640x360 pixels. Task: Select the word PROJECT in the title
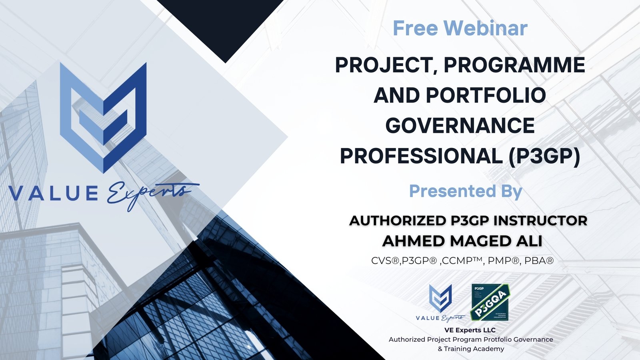[x=384, y=65]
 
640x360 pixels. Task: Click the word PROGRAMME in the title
[x=514, y=65]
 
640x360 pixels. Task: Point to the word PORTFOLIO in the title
[x=486, y=96]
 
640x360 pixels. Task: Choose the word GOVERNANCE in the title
[x=460, y=126]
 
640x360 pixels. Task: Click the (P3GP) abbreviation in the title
[x=544, y=156]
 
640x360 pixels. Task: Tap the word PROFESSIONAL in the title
[x=421, y=156]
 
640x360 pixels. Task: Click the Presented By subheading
[x=465, y=191]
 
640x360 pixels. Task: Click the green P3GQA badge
[x=490, y=302]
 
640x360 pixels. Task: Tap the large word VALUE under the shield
[x=54, y=194]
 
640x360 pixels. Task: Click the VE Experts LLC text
[x=470, y=330]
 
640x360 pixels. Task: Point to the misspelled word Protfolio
[x=498, y=339]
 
